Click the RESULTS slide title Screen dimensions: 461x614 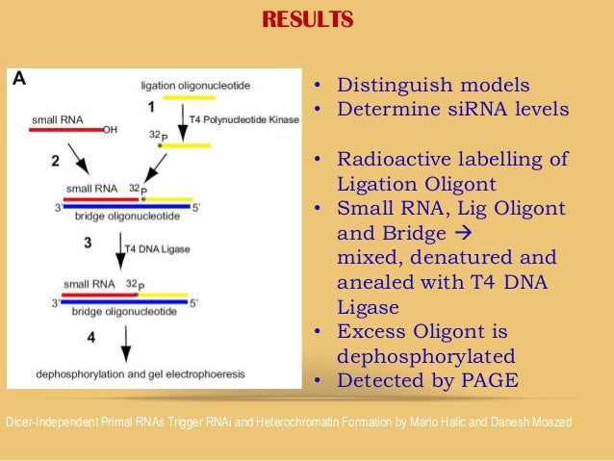(307, 19)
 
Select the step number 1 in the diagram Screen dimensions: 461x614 (150, 107)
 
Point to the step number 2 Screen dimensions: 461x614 (55, 159)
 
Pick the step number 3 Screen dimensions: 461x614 (88, 243)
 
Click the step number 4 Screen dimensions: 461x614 (91, 338)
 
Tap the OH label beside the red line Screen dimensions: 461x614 (109, 131)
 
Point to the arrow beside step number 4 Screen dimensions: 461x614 (125, 342)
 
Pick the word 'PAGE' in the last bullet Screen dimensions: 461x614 (485, 380)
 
